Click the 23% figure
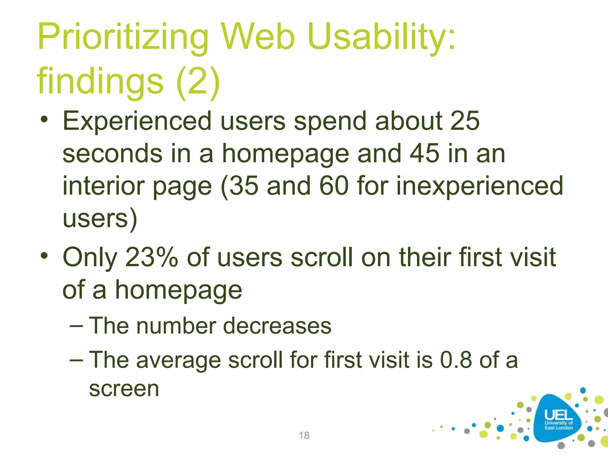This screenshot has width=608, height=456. [151, 257]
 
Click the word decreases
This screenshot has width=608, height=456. [277, 326]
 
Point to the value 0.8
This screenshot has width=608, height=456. [456, 360]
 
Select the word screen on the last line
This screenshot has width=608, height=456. [124, 389]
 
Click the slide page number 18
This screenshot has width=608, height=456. [304, 435]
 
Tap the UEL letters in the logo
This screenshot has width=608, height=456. [558, 415]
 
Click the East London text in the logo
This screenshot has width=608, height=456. [558, 428]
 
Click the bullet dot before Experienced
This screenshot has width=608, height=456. [44, 119]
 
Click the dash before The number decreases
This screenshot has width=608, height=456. [76, 326]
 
